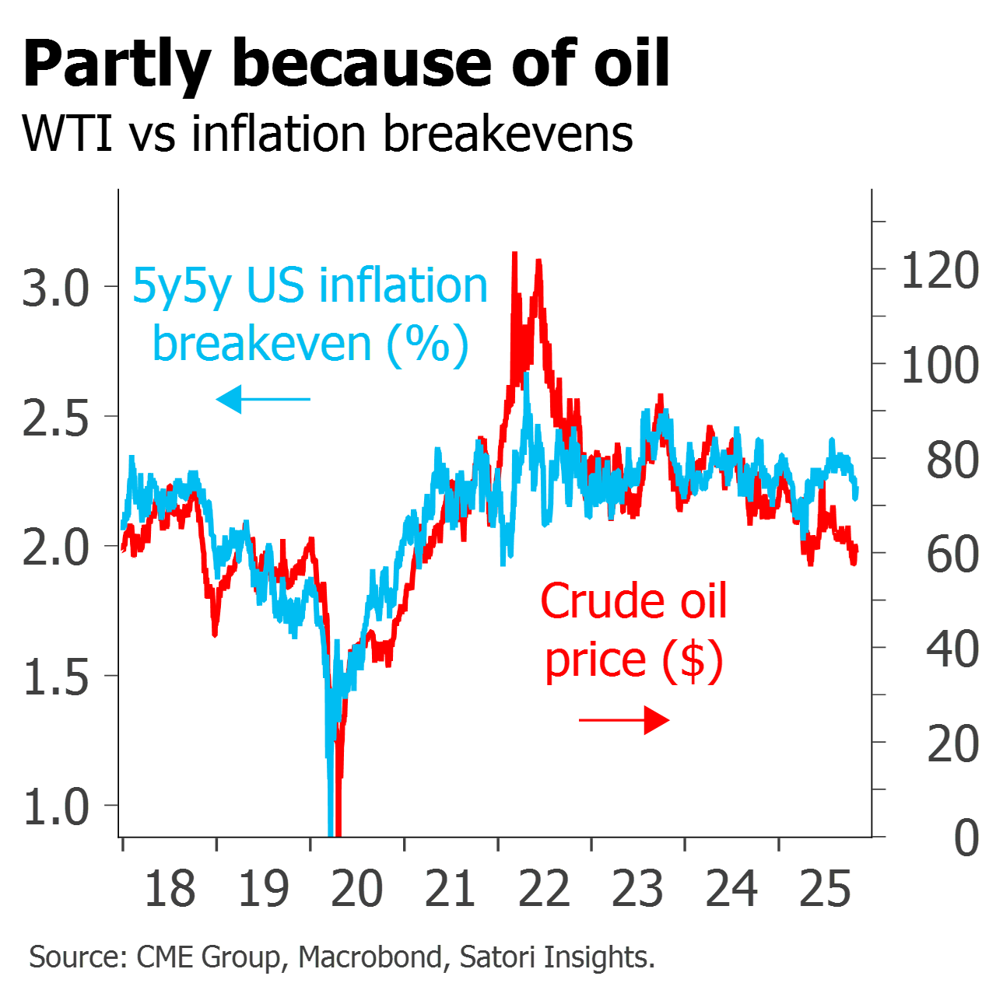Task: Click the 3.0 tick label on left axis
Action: click(x=56, y=288)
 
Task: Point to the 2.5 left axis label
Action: click(x=56, y=418)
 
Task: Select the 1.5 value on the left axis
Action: click(x=56, y=677)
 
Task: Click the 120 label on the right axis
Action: click(x=940, y=271)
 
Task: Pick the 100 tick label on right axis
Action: click(x=940, y=366)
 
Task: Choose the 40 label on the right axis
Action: click(x=952, y=649)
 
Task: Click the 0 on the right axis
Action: click(x=966, y=838)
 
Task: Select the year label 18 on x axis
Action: click(x=170, y=889)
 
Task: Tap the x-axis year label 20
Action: click(x=357, y=889)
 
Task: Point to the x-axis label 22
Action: click(x=545, y=889)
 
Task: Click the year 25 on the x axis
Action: click(x=826, y=889)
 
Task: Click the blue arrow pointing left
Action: click(x=262, y=400)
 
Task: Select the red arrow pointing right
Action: click(x=625, y=720)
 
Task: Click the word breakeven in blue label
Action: click(x=261, y=344)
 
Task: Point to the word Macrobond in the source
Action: click(x=370, y=957)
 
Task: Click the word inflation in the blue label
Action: click(x=403, y=286)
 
